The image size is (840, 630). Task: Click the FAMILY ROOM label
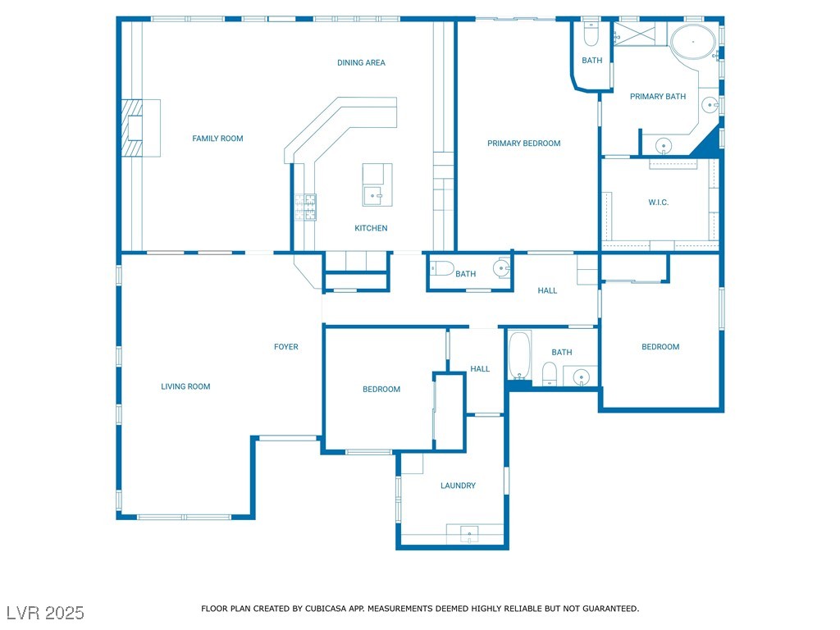pos(217,138)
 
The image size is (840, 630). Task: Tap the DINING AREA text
pos(361,62)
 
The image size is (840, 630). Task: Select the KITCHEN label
pos(371,228)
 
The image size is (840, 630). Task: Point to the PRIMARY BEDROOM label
pos(524,143)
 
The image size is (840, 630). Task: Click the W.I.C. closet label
pos(659,202)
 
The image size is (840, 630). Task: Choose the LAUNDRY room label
pos(458,486)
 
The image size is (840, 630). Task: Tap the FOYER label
pos(286,347)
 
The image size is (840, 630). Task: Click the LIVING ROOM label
pos(185,386)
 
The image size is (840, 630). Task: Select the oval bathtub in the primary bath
pos(692,41)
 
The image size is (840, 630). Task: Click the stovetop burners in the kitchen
pos(305,208)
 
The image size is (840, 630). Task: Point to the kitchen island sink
pos(373,195)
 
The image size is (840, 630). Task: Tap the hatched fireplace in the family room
pos(132,128)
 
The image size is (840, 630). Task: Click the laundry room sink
pos(469,533)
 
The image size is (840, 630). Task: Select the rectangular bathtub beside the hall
pos(519,355)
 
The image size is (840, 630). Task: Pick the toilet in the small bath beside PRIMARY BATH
pos(591,34)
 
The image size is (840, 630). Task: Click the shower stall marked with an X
pos(636,34)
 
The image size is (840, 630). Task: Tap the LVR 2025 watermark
pos(46,613)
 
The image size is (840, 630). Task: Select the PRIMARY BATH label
pos(658,97)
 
